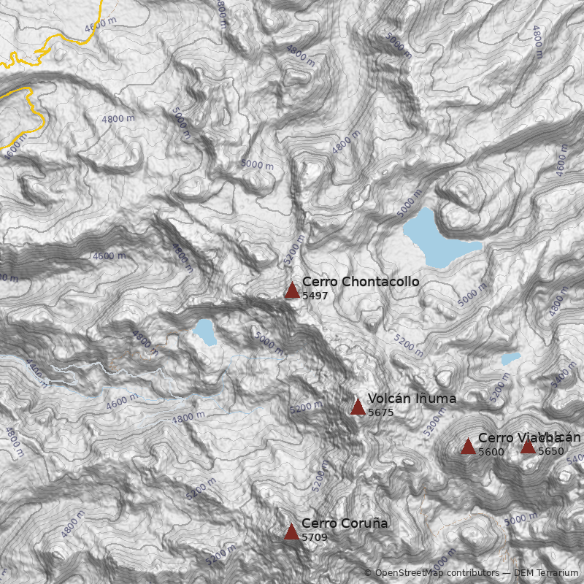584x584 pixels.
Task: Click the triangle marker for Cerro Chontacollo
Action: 292,291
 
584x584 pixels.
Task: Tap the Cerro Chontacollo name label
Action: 361,282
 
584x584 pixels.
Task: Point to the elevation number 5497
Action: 315,296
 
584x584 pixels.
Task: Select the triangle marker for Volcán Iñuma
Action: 358,407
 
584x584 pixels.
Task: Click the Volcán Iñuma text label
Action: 412,399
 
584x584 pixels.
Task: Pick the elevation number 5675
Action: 380,412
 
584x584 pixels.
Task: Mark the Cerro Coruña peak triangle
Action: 291,531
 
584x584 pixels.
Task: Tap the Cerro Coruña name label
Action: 345,523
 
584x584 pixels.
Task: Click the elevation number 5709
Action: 314,538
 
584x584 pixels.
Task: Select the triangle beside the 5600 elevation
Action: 468,447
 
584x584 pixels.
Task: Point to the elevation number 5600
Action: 491,452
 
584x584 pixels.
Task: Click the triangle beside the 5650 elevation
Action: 528,446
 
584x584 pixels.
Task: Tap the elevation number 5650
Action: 550,452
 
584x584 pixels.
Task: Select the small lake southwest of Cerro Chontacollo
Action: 205,332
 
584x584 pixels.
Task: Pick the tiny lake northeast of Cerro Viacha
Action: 510,358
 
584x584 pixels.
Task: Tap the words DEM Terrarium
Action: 547,573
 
